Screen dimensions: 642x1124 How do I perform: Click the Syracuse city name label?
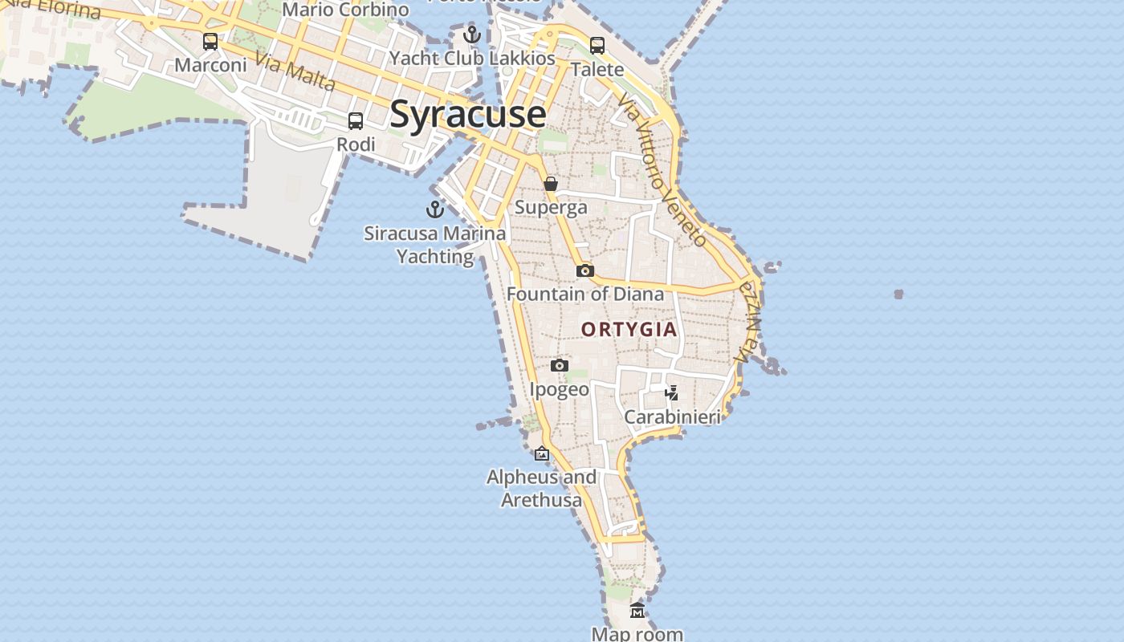467,114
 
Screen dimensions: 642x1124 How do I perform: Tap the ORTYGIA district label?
629,329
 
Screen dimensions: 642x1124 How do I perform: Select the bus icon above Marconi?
210,42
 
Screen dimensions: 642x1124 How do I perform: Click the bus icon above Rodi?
356,121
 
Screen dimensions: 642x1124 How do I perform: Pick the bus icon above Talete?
597,46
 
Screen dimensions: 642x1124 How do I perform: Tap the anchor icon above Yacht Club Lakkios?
472,35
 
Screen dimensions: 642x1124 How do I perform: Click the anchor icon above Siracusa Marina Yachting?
434,209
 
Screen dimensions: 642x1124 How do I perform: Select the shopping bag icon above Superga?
551,184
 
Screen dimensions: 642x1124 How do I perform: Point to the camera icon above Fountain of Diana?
585,270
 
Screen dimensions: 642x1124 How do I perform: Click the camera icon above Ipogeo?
560,366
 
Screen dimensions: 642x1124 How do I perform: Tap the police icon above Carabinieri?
672,393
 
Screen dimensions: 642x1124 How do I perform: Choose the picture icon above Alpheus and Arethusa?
542,453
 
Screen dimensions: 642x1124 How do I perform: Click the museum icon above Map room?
637,611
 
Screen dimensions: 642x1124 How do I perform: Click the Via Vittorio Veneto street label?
662,169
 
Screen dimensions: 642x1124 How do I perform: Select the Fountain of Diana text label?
585,294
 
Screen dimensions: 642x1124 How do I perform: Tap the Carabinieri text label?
672,417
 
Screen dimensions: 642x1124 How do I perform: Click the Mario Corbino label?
345,10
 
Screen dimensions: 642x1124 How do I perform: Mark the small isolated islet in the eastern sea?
898,295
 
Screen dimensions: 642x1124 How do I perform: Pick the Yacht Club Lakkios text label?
472,59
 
